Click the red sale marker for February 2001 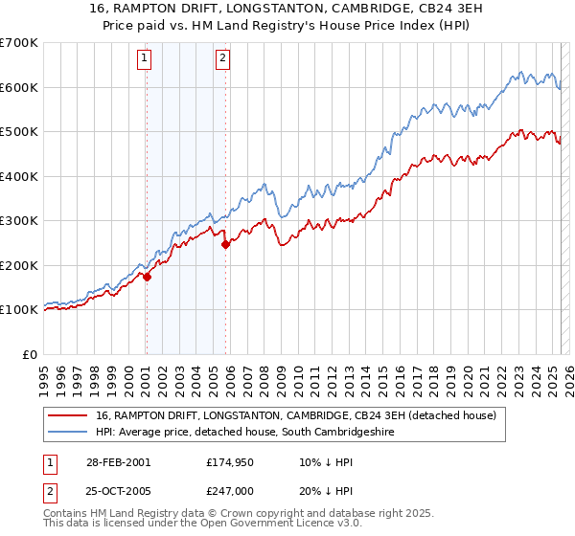147,276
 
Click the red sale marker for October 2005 225,244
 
